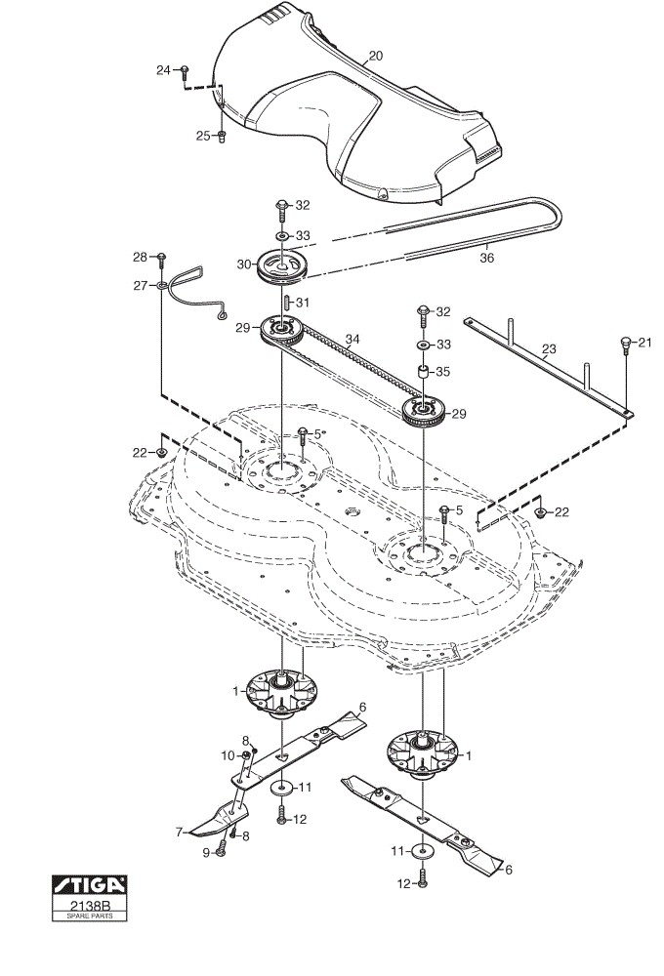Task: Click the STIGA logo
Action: (x=89, y=884)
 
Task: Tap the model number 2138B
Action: (x=89, y=904)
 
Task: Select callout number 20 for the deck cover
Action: (x=376, y=56)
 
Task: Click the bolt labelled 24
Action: (x=185, y=72)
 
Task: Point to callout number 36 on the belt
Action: (x=486, y=257)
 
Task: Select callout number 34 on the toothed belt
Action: (x=353, y=340)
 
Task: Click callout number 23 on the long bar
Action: (x=548, y=349)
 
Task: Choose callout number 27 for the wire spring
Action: (x=141, y=285)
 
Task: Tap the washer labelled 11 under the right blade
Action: (x=423, y=850)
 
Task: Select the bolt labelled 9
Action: (x=221, y=848)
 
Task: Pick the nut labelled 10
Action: (x=246, y=755)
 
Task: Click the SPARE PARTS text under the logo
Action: (x=90, y=916)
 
